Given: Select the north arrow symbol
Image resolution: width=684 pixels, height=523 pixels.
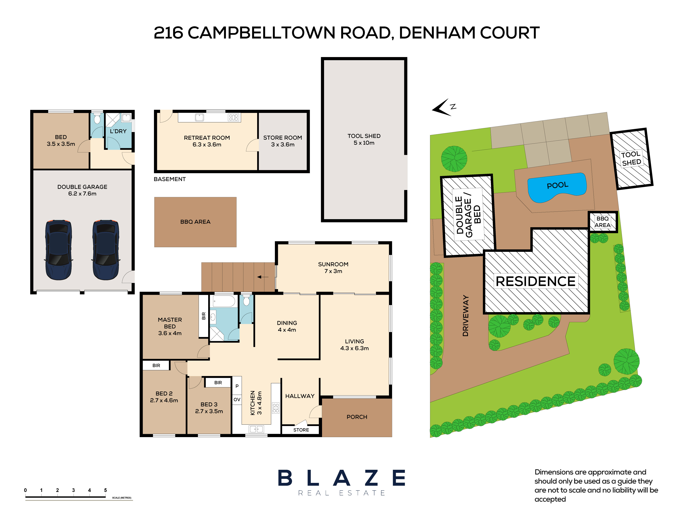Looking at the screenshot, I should [442, 107].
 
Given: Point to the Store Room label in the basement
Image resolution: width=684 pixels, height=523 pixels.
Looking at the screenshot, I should [283, 141].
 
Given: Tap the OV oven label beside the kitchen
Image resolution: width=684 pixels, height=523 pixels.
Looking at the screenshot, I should [237, 399].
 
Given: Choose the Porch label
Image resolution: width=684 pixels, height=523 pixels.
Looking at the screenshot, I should [357, 417].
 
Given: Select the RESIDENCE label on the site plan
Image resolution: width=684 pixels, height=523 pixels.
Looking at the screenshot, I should [535, 281].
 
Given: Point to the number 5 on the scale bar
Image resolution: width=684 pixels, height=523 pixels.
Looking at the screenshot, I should [105, 490].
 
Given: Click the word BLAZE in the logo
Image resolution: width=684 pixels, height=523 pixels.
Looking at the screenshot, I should [342, 478].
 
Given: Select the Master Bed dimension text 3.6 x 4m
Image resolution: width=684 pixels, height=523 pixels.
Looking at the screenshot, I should [170, 333].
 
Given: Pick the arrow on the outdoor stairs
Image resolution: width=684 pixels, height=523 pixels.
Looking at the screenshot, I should [263, 277].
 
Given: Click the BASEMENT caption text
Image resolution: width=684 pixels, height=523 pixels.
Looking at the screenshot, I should [170, 179].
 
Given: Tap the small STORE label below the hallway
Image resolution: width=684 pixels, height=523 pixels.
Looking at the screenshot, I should [301, 430].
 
